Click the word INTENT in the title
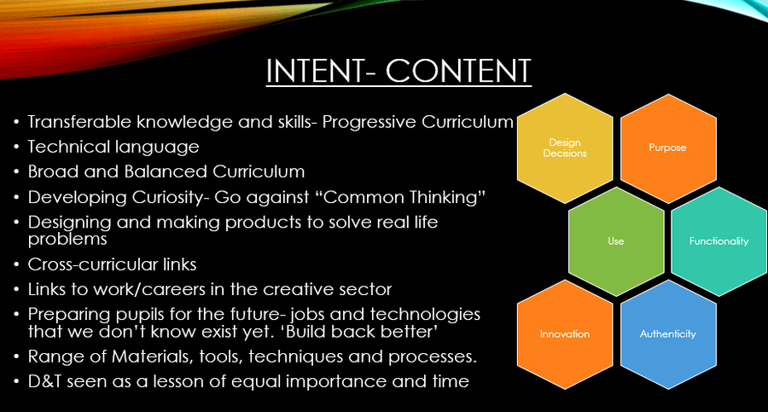[x=314, y=71]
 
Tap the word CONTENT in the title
[x=458, y=71]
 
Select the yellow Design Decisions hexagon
[x=565, y=148]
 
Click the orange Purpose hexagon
[x=668, y=148]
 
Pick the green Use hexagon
[x=616, y=241]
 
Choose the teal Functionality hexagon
[x=719, y=241]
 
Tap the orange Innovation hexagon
[x=565, y=334]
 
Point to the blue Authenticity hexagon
[x=668, y=334]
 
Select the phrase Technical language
[x=113, y=147]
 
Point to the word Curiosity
[x=167, y=197]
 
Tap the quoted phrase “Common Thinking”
[x=404, y=197]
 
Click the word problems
[x=67, y=239]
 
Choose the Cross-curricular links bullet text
[x=112, y=264]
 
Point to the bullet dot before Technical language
[x=17, y=147]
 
